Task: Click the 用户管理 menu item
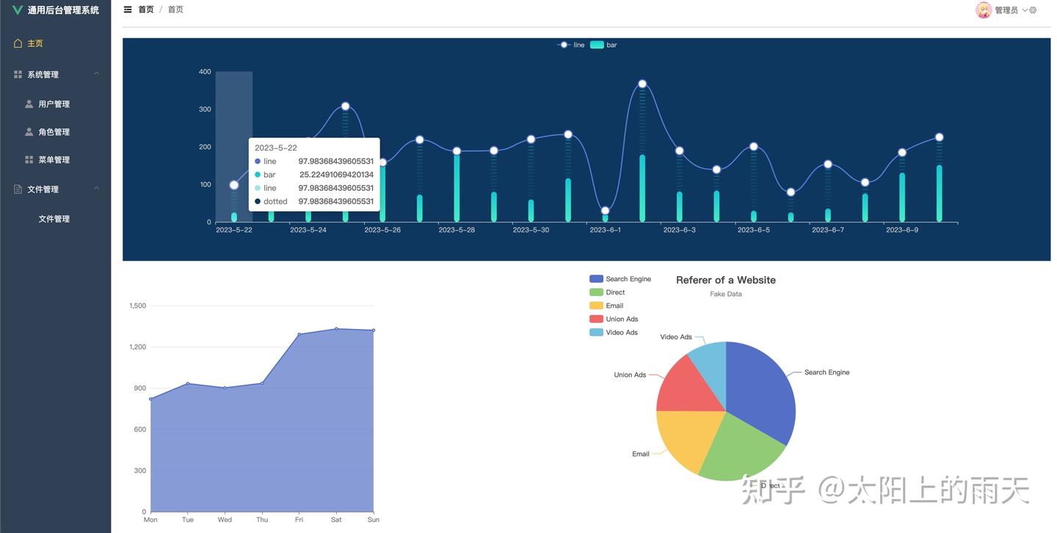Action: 54,104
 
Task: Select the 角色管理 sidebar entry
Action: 54,132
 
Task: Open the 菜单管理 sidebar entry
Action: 54,160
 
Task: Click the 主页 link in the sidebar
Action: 34,43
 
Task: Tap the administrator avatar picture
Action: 983,10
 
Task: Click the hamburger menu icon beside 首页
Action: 128,10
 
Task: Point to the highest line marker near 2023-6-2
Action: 642,84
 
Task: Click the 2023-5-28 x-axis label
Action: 457,230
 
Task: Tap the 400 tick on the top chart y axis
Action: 205,72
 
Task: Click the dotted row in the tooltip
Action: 313,201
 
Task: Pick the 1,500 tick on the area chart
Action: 137,305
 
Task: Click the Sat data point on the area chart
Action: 336,329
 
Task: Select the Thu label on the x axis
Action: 262,520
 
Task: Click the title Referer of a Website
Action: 725,280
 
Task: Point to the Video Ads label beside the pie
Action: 675,337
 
